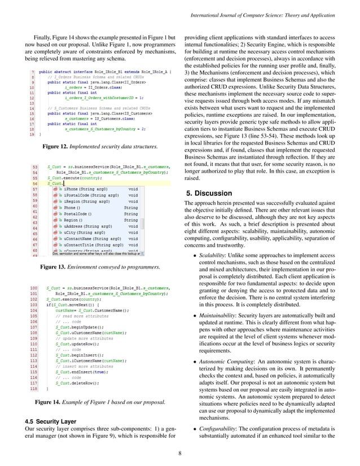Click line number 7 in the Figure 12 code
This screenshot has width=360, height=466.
point(34,73)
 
